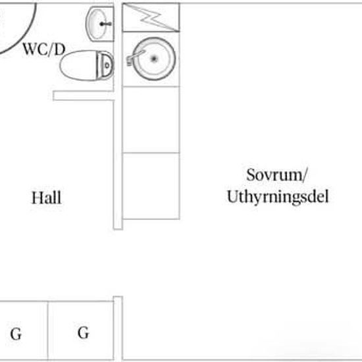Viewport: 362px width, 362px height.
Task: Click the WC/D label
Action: [x=44, y=49]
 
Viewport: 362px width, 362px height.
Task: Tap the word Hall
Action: [x=47, y=198]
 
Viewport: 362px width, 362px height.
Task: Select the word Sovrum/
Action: [x=277, y=175]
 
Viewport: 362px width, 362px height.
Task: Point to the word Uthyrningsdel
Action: [x=278, y=197]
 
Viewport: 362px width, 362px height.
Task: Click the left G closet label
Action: [x=16, y=334]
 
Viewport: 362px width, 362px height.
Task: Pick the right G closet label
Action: [x=83, y=332]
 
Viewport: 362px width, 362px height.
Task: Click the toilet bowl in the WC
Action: [x=78, y=66]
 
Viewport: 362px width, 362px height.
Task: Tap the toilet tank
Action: [x=105, y=66]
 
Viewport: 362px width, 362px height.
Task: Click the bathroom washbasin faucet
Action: [x=106, y=24]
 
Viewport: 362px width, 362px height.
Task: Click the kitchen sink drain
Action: [x=154, y=59]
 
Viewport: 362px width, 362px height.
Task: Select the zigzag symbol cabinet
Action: [x=151, y=17]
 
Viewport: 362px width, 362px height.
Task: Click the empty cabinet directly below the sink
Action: [x=151, y=120]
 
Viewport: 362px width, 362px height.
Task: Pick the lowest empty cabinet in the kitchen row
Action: [x=151, y=186]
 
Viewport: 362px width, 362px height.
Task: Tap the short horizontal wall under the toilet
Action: [x=84, y=96]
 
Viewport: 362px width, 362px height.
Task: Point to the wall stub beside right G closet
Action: [x=118, y=328]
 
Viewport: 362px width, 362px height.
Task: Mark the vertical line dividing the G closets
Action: [x=48, y=330]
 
